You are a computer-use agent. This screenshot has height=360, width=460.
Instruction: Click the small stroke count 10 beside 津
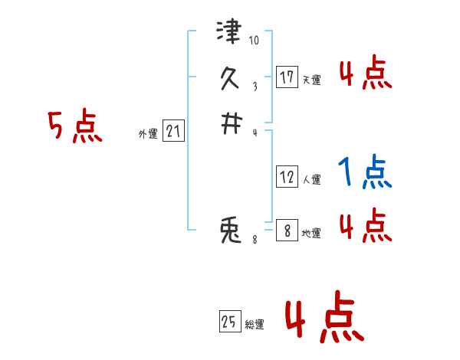255,41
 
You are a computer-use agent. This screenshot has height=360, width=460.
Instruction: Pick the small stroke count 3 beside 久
255,87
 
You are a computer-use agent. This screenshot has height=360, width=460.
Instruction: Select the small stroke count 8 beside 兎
255,240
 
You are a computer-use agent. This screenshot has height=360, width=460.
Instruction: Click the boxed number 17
287,77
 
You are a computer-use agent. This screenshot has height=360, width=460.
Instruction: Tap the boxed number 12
287,178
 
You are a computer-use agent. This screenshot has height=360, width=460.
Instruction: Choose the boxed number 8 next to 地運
287,230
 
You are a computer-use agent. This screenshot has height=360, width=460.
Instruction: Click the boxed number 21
173,132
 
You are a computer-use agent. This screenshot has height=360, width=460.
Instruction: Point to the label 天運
311,80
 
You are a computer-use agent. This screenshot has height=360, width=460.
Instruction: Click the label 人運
311,181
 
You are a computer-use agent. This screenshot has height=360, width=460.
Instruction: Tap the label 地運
311,234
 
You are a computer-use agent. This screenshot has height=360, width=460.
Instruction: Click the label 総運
255,326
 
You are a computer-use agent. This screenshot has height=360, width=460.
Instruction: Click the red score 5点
74,127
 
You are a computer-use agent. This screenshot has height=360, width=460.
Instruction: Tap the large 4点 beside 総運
324,320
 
